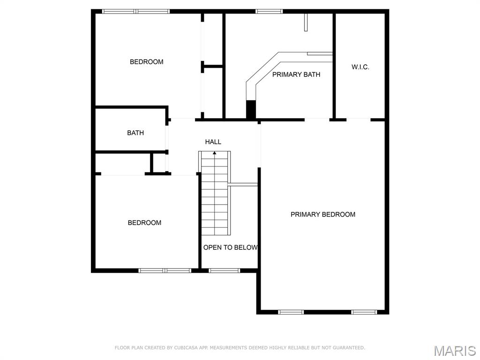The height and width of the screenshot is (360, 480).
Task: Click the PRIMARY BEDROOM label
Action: pos(322,214)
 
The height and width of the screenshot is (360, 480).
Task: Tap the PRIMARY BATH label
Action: pos(296,74)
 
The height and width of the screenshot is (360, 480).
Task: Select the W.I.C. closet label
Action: pos(360,67)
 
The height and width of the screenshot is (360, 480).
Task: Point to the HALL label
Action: pos(213,142)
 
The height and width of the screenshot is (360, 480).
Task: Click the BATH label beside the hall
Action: pos(135,133)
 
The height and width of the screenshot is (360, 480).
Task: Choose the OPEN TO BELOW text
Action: pos(230,247)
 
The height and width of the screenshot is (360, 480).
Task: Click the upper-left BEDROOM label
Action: pos(146,61)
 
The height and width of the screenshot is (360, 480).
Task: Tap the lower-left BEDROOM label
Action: pos(144,223)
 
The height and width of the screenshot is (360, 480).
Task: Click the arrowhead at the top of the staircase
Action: pos(215,153)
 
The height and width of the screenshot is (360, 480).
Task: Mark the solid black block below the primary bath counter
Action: pos(251,110)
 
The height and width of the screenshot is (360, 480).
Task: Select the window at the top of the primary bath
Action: pos(269,11)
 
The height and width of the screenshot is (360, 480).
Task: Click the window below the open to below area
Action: pos(224,270)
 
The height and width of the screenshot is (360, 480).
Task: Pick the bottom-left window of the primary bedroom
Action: pos(291,312)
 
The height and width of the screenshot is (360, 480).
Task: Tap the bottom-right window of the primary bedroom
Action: pos(364,312)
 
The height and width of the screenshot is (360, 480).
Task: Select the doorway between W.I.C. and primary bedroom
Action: pos(359,120)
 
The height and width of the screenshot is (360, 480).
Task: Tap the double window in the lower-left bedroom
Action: pos(165,270)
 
